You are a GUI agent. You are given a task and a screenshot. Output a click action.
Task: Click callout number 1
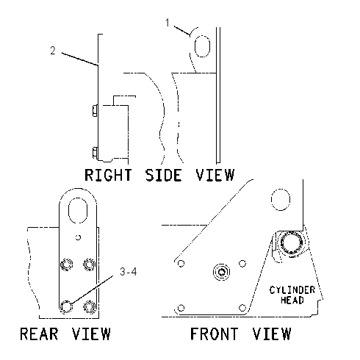click(x=168, y=23)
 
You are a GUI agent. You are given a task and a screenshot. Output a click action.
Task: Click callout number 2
click(x=53, y=51)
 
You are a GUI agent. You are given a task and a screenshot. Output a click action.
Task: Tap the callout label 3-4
click(x=129, y=272)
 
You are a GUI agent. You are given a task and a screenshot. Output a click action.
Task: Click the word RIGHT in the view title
click(x=108, y=175)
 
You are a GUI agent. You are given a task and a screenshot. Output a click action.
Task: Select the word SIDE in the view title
click(x=164, y=175)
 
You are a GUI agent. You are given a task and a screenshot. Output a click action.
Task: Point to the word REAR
click(x=39, y=334)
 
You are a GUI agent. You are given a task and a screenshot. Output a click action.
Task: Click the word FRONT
click(x=214, y=334)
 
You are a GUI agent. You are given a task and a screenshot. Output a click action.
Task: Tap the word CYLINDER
click(x=292, y=290)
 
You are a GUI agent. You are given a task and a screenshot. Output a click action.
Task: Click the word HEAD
click(x=292, y=300)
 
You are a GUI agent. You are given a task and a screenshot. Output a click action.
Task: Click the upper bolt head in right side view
click(x=95, y=110)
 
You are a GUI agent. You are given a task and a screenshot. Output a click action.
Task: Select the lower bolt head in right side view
click(x=95, y=153)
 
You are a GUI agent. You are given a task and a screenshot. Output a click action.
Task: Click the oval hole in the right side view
click(x=202, y=46)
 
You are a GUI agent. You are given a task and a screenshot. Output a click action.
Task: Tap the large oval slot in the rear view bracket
click(x=78, y=210)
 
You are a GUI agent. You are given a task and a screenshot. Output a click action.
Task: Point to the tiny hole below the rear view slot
click(x=78, y=237)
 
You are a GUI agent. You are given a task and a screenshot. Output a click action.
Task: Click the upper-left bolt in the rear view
click(x=66, y=264)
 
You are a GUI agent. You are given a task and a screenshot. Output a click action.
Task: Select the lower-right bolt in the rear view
click(x=90, y=306)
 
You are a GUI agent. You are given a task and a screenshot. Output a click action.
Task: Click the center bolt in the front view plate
click(x=222, y=272)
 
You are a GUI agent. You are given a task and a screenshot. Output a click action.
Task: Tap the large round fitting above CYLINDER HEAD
click(x=292, y=243)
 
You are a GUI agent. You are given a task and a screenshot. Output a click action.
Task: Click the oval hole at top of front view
click(x=281, y=200)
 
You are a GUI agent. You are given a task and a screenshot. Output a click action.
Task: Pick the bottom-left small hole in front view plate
click(x=181, y=308)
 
